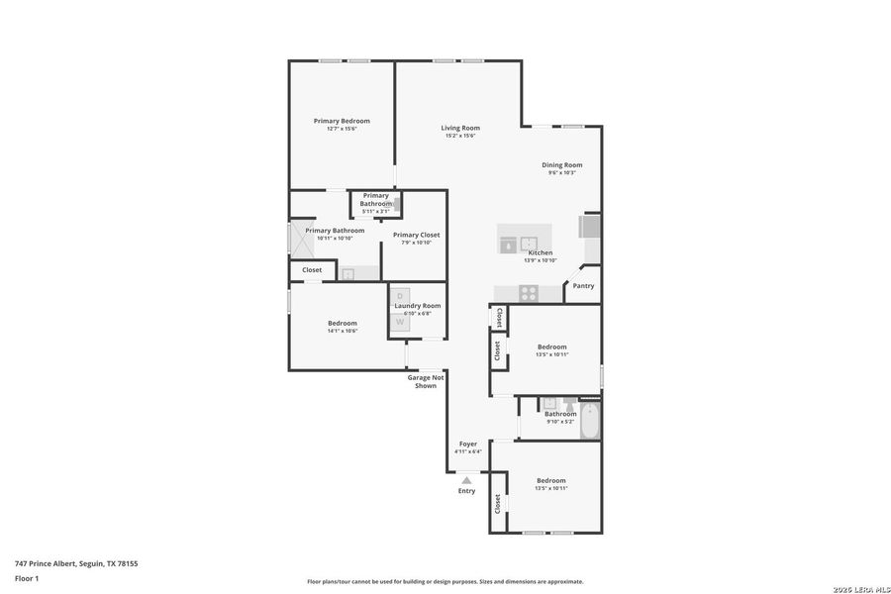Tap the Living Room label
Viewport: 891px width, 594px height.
pyautogui.click(x=460, y=128)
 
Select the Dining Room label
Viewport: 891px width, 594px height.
pyautogui.click(x=561, y=165)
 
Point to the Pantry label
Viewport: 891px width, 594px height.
pyautogui.click(x=583, y=286)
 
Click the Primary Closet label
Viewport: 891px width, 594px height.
pyautogui.click(x=416, y=235)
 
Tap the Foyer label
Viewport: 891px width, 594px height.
pyautogui.click(x=468, y=444)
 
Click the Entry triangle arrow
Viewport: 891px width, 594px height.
pyautogui.click(x=466, y=479)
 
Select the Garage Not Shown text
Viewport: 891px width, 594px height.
pyautogui.click(x=426, y=381)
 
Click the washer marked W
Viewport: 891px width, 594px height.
pyautogui.click(x=400, y=322)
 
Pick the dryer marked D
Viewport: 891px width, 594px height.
pyautogui.click(x=400, y=296)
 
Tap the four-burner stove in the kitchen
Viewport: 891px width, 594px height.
pyautogui.click(x=529, y=292)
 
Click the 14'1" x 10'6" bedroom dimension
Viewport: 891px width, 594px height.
pyautogui.click(x=343, y=331)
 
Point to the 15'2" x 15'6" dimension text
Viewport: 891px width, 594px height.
pyautogui.click(x=460, y=136)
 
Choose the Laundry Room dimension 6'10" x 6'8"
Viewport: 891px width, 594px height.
pyautogui.click(x=417, y=314)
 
